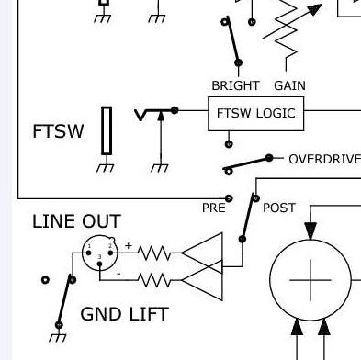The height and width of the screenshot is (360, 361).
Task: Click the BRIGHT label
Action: coord(235,85)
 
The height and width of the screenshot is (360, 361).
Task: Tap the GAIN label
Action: coord(289,85)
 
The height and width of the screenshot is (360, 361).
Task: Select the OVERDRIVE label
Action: coord(324,160)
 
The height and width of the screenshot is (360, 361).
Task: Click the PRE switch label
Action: coord(214,208)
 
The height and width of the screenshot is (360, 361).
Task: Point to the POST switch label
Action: coord(279,208)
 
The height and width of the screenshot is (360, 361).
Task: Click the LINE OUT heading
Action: coord(76,221)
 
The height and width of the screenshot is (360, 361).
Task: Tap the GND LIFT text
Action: coord(124,314)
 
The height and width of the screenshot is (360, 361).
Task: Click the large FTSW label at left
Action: coord(58,131)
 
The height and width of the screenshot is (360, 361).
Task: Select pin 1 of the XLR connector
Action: coord(89,253)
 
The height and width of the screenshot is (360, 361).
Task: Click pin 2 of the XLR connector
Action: coord(110,253)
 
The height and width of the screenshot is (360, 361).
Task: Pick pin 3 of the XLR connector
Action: coord(99,264)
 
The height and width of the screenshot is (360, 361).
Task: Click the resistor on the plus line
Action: coord(154,253)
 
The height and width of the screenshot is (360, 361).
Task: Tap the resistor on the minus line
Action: coord(154,280)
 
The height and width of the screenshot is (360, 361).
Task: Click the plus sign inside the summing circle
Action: coord(310,280)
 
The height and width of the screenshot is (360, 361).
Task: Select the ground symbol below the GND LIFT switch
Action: coord(58,337)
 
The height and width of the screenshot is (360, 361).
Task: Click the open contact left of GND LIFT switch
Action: coord(45,280)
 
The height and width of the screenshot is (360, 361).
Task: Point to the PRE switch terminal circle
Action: coord(229,198)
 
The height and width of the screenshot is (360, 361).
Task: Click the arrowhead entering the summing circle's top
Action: coord(310,231)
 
